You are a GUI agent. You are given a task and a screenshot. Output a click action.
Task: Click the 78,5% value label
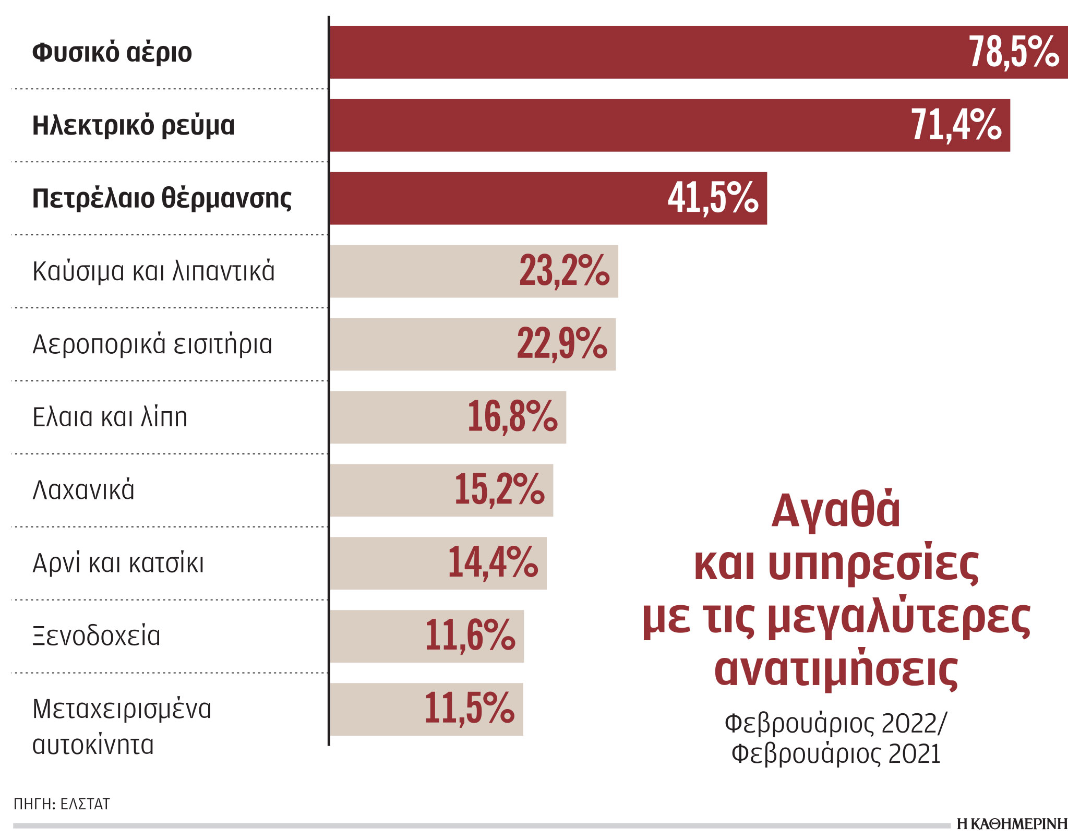(x=1014, y=52)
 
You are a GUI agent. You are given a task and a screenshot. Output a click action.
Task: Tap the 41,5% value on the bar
(x=713, y=198)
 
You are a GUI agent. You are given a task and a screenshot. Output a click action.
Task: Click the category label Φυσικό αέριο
(x=112, y=53)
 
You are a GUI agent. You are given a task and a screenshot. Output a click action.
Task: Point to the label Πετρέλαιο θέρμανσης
(x=162, y=199)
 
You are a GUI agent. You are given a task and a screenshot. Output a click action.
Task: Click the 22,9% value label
(x=562, y=344)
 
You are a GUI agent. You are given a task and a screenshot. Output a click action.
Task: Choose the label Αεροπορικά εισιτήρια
(x=152, y=344)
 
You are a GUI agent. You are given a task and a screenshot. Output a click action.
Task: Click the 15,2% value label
(x=499, y=490)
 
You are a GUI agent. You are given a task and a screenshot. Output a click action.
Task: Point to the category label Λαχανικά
(x=83, y=490)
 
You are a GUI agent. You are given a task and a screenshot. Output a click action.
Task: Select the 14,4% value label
(x=493, y=564)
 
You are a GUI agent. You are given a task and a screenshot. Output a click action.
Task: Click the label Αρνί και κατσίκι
(x=118, y=564)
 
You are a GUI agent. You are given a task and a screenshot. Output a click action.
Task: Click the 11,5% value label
(x=469, y=710)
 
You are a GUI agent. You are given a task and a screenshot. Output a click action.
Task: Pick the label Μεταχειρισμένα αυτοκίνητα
(x=122, y=726)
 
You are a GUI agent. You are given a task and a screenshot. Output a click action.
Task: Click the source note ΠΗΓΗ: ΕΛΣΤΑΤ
(x=62, y=804)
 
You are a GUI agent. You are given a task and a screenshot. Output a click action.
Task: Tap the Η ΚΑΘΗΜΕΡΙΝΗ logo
(x=1011, y=824)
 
